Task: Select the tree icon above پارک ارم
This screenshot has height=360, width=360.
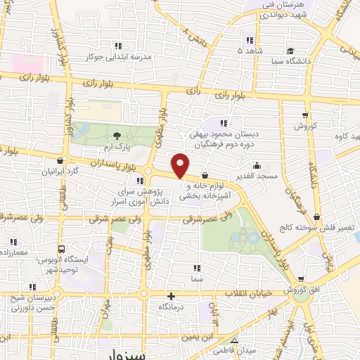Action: coord(117,135)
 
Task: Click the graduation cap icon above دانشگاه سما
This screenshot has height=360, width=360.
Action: coord(289,51)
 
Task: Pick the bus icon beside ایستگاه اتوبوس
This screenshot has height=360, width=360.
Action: coord(62,249)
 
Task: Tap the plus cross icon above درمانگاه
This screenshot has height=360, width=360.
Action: coord(171,295)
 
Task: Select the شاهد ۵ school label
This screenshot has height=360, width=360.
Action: coord(249,51)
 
